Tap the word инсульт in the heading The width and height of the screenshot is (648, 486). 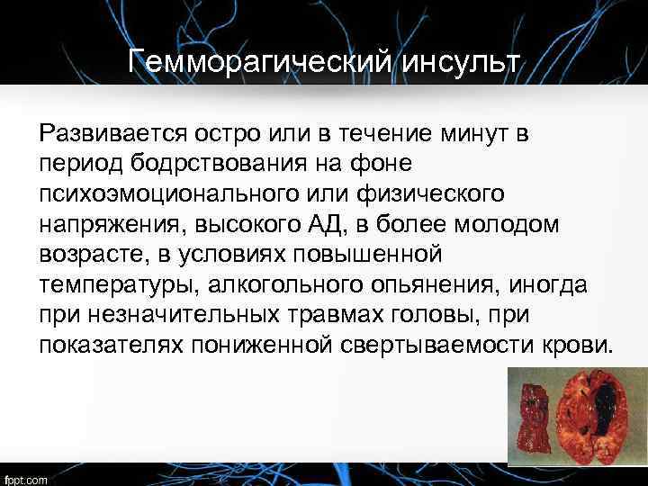(456, 62)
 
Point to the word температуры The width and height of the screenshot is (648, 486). (118, 285)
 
